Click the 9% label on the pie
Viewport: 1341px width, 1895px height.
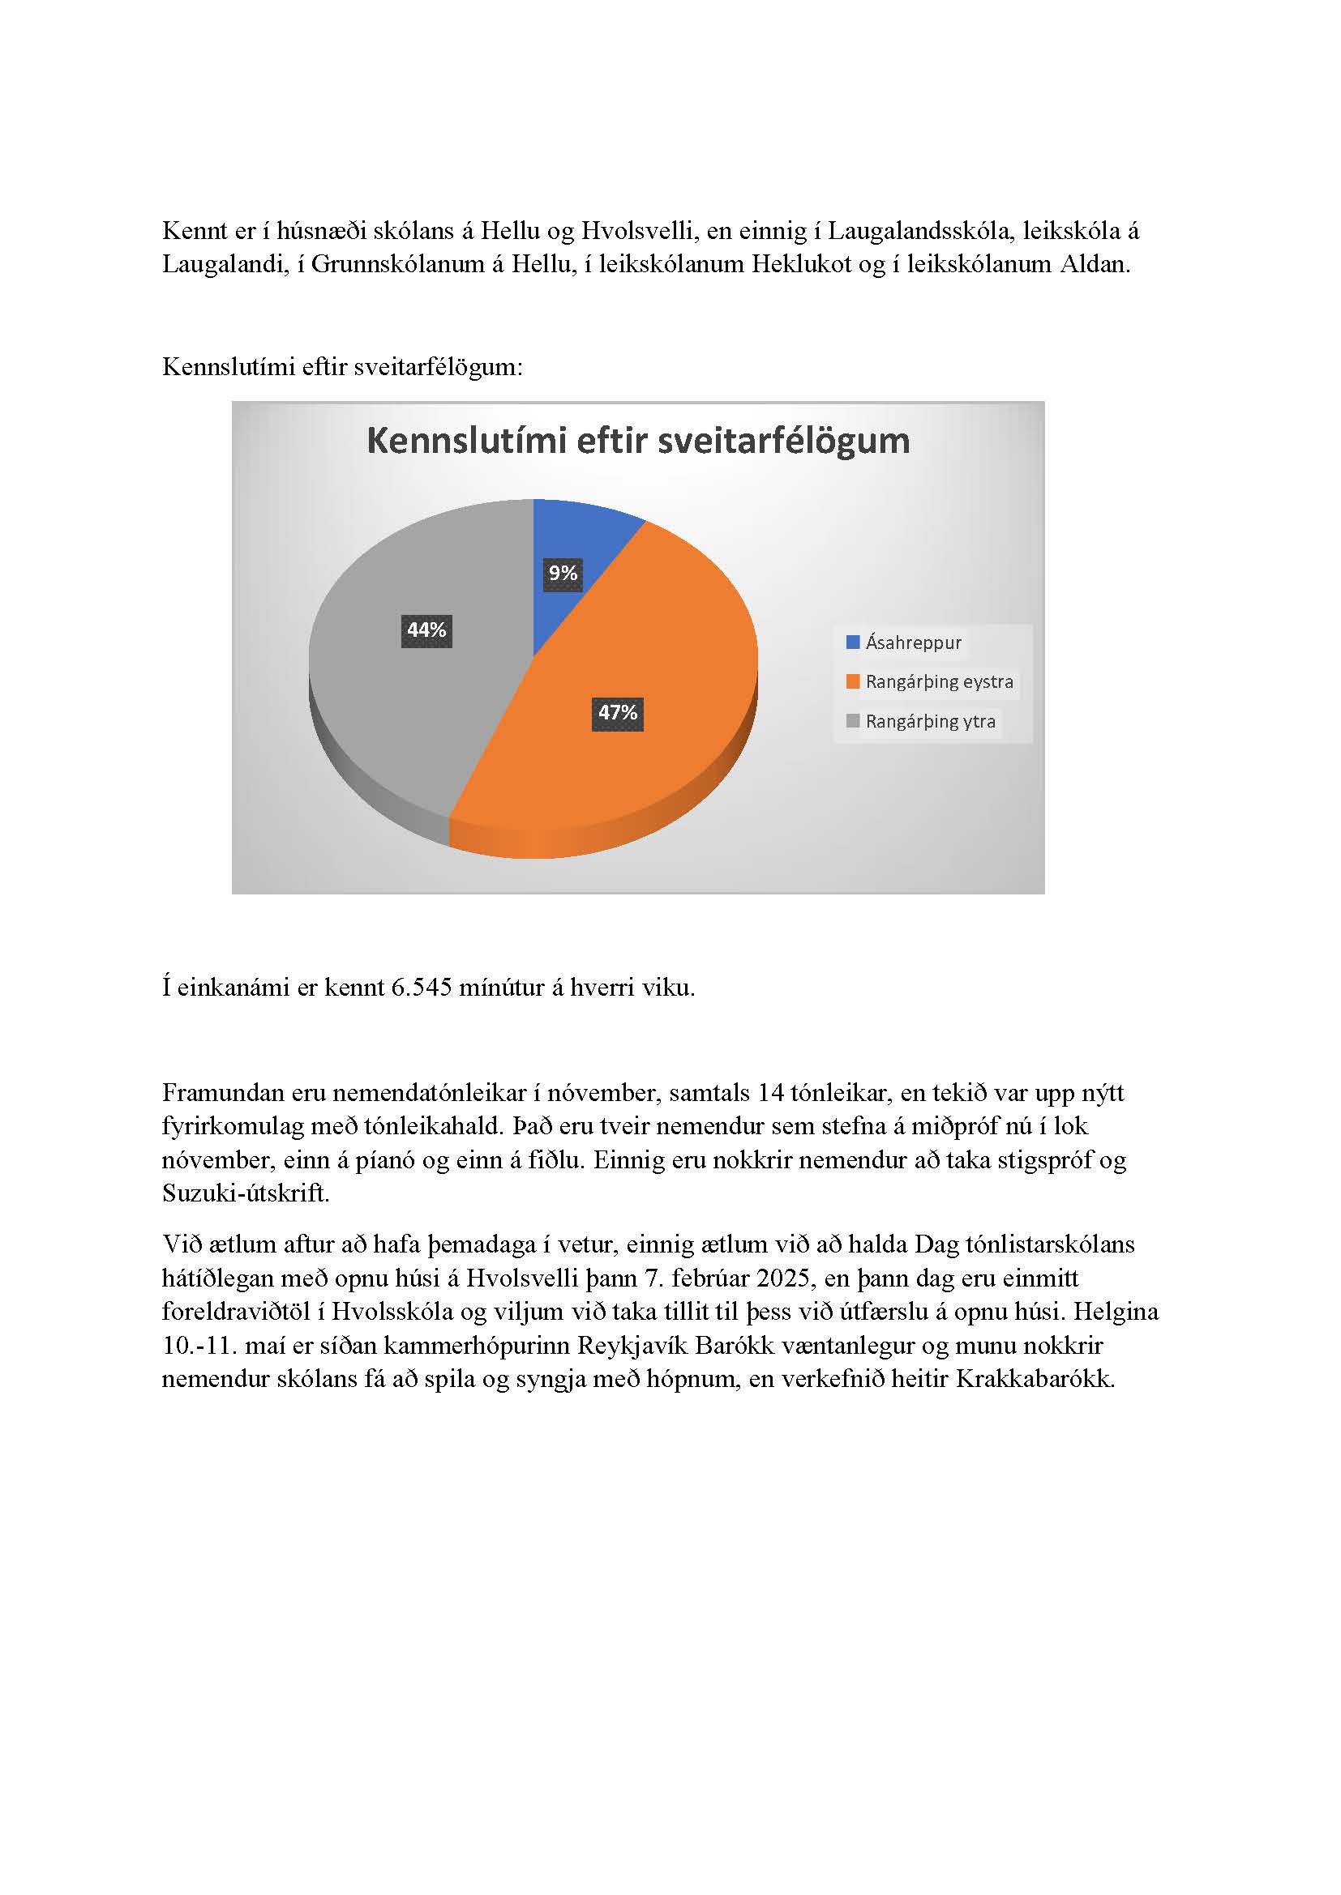click(x=563, y=573)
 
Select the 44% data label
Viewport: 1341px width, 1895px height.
click(x=426, y=630)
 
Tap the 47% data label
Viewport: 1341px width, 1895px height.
click(x=618, y=712)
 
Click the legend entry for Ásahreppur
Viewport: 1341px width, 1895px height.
click(x=913, y=643)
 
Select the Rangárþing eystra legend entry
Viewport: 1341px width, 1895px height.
click(x=939, y=681)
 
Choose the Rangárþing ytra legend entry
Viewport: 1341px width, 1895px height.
click(x=930, y=721)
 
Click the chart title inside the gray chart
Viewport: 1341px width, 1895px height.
click(x=637, y=441)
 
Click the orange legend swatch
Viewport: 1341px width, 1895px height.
click(x=853, y=681)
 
